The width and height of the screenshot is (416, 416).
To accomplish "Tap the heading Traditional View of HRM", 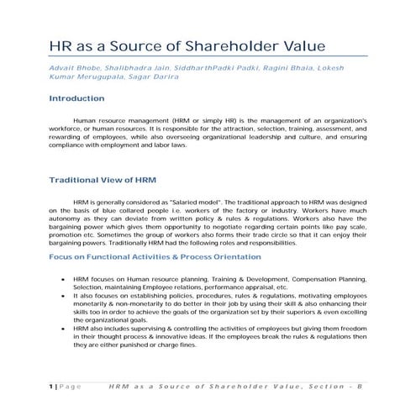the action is pos(100,180).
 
